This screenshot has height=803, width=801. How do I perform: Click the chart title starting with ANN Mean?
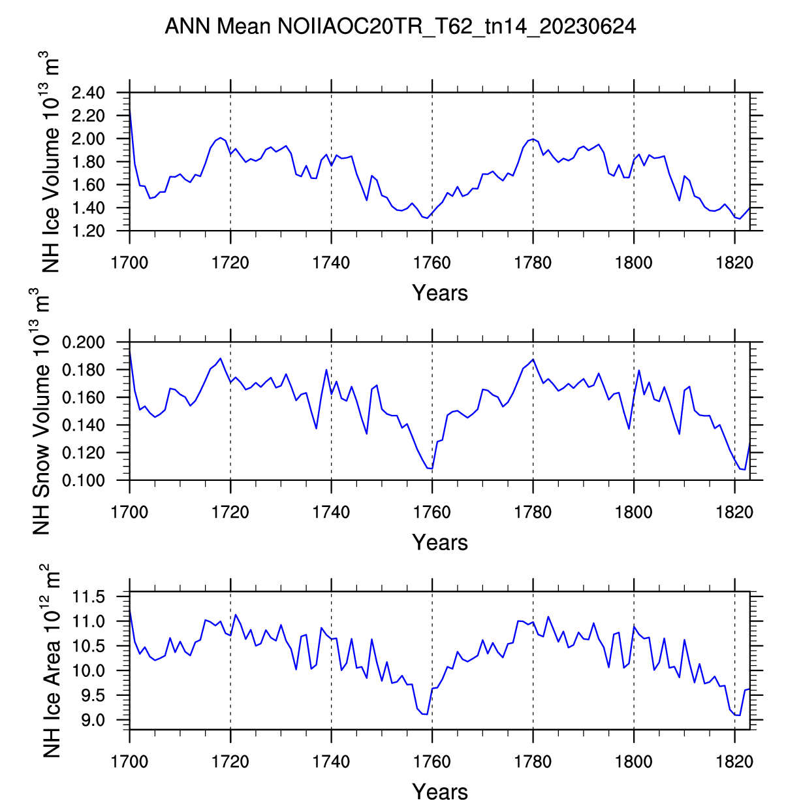[x=400, y=27]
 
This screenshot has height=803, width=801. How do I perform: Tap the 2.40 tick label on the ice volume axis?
[x=88, y=93]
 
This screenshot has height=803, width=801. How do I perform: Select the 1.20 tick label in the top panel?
[x=88, y=231]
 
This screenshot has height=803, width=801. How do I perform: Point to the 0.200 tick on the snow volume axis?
[x=84, y=342]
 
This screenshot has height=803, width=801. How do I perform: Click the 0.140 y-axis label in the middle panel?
[x=84, y=425]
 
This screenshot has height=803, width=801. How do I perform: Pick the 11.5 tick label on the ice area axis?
[x=89, y=597]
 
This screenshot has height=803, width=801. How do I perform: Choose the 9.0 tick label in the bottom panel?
[x=93, y=721]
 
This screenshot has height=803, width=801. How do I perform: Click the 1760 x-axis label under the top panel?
[x=432, y=263]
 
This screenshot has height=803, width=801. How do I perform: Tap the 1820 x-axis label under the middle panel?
[x=734, y=512]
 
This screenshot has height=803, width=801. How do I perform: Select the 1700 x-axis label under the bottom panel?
[x=129, y=762]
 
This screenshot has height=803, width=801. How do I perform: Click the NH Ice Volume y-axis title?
[x=50, y=162]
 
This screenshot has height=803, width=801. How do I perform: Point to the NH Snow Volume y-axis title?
[x=40, y=412]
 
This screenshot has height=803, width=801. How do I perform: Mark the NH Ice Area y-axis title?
[x=51, y=661]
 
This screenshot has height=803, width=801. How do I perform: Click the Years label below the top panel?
[x=440, y=293]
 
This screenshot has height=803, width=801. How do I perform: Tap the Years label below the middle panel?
[x=440, y=542]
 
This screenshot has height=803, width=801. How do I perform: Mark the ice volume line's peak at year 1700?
[x=130, y=109]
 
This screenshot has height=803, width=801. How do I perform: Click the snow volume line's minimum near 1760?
[x=432, y=468]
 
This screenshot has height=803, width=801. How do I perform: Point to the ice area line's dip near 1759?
[x=427, y=715]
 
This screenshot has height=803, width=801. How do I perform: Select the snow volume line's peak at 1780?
[x=533, y=359]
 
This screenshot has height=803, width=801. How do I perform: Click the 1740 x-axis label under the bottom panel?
[x=331, y=762]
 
